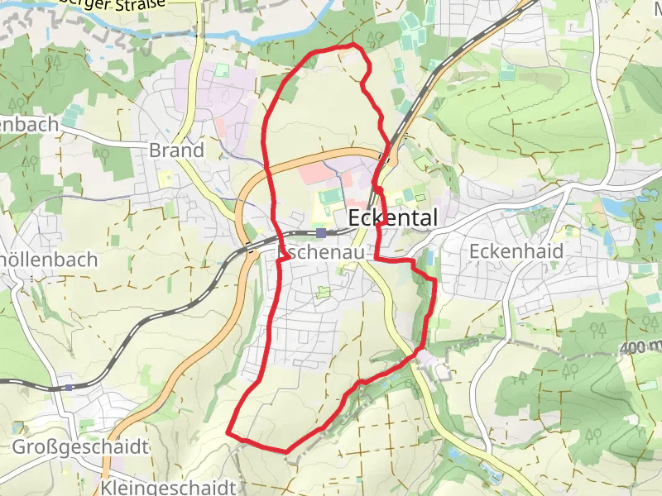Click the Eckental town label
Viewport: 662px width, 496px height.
pyautogui.click(x=393, y=217)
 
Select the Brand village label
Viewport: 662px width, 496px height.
pyautogui.click(x=176, y=150)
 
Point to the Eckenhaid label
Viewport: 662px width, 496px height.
pyautogui.click(x=516, y=250)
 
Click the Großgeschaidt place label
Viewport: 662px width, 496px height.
pyautogui.click(x=80, y=447)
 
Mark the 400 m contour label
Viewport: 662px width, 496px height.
pyautogui.click(x=640, y=346)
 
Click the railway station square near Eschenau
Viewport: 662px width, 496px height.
pyautogui.click(x=320, y=233)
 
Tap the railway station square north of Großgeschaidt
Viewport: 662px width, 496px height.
pyautogui.click(x=69, y=386)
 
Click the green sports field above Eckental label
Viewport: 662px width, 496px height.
pyautogui.click(x=330, y=197)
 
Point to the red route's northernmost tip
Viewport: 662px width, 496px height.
pyautogui.click(x=354, y=44)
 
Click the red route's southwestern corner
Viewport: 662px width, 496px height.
pyautogui.click(x=228, y=432)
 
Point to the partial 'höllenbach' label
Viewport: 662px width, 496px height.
pyautogui.click(x=50, y=260)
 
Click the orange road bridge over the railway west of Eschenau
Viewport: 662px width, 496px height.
pyautogui.click(x=247, y=246)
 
